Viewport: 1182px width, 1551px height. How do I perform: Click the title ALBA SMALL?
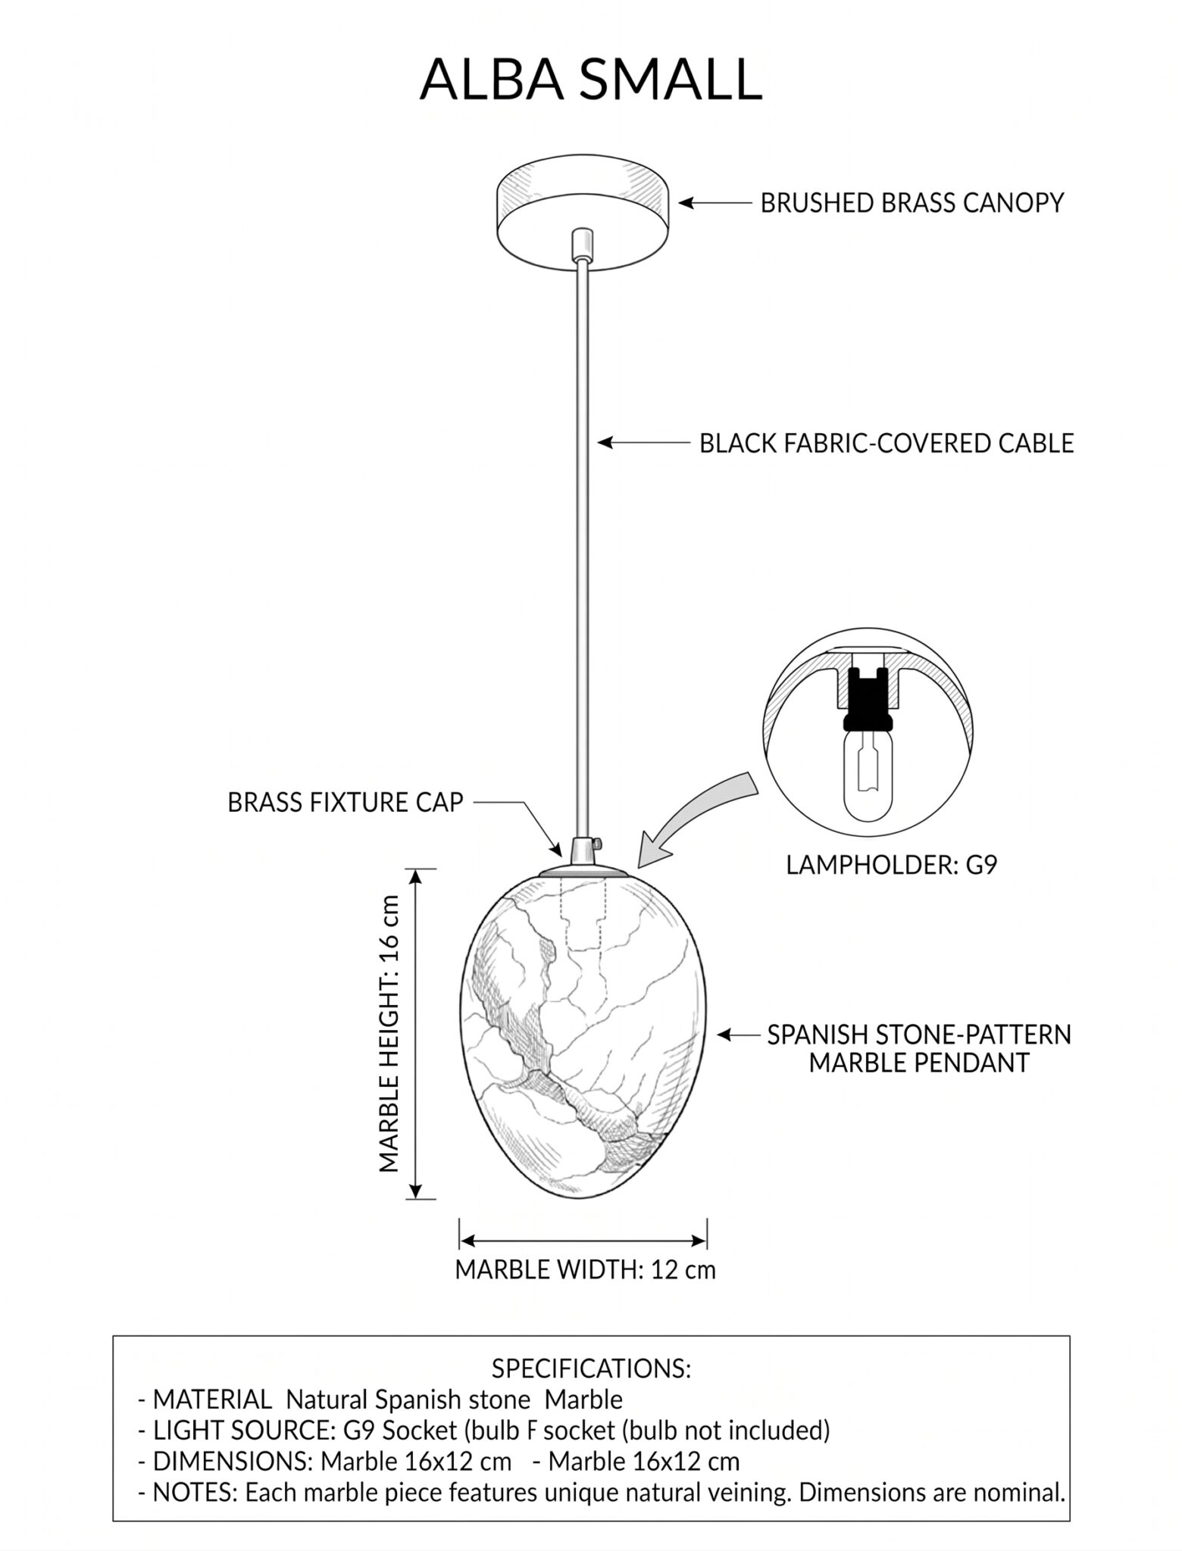pos(590,79)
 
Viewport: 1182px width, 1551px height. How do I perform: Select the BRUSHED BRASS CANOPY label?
pos(912,203)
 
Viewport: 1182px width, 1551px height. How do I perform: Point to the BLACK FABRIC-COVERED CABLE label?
pos(886,443)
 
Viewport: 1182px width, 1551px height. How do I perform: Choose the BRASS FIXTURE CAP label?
pos(345,803)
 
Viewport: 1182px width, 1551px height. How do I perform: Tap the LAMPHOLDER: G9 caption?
pos(891,864)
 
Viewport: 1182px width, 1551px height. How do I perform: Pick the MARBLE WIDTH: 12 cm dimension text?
pos(585,1269)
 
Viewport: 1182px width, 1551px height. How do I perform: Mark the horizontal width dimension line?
pos(583,1240)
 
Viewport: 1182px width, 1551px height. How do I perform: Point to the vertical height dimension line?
pos(414,1033)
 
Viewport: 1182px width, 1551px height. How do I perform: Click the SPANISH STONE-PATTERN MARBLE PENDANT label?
pos(919,1048)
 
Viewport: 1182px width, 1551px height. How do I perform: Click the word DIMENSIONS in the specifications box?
pos(233,1461)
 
